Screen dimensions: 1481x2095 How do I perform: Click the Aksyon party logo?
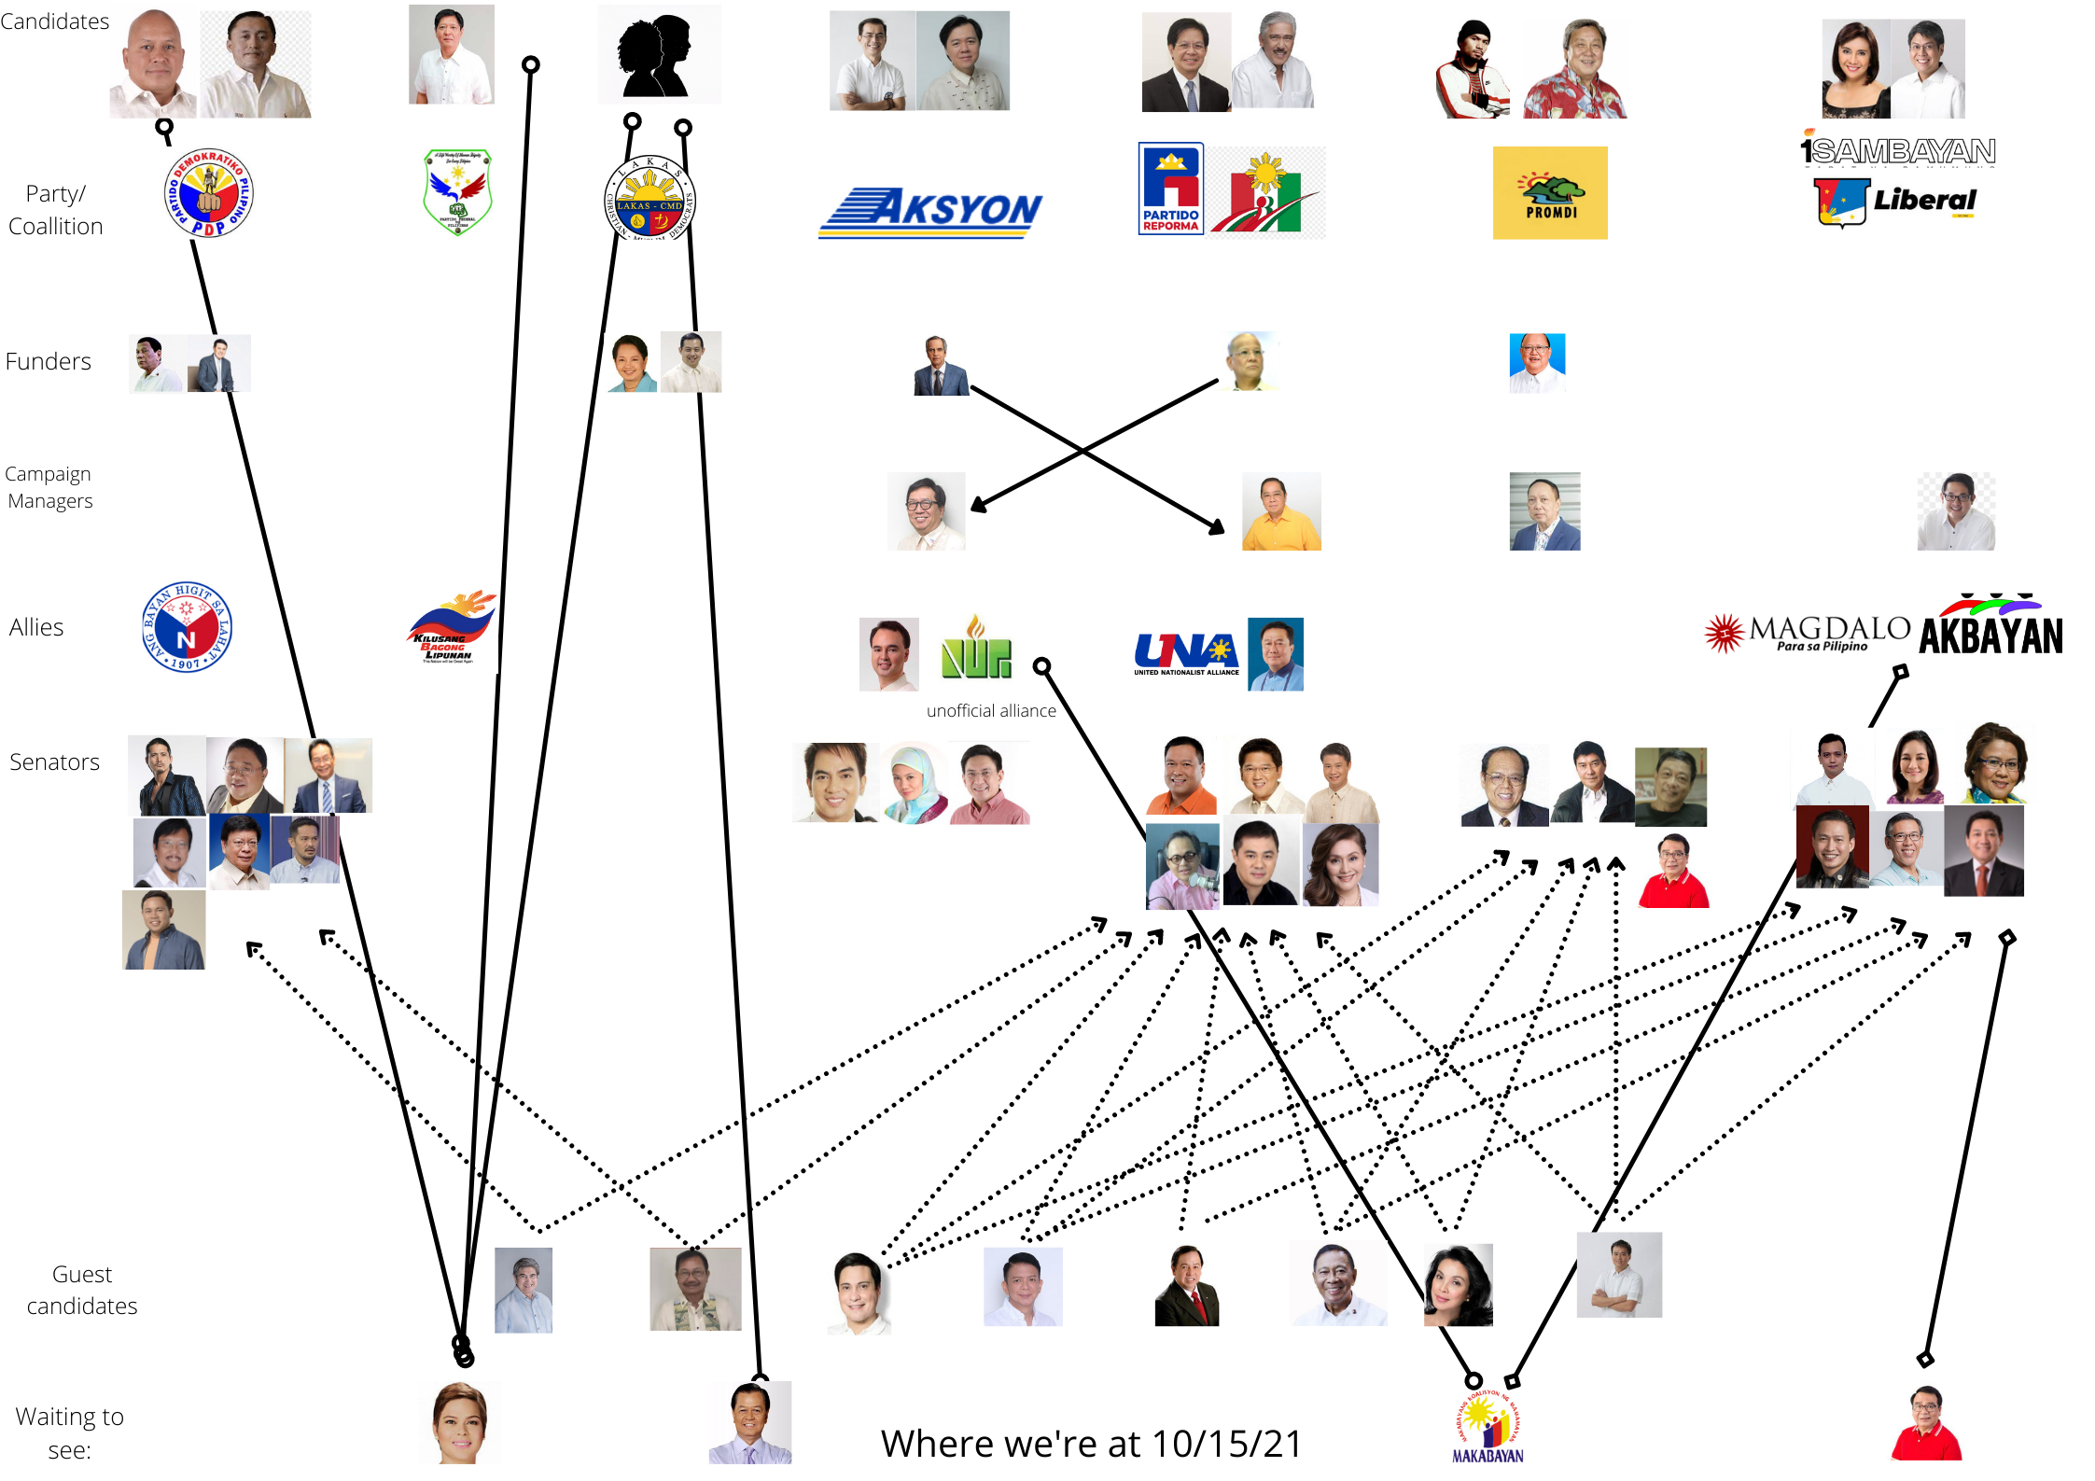pyautogui.click(x=929, y=213)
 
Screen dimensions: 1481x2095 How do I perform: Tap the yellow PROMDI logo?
pyautogui.click(x=1549, y=193)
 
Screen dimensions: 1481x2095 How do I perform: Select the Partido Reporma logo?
pyautogui.click(x=1170, y=189)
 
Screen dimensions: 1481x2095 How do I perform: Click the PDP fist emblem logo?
pyautogui.click(x=208, y=193)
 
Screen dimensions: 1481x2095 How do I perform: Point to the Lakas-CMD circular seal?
pyautogui.click(x=649, y=200)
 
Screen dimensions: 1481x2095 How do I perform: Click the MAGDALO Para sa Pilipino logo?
pyautogui.click(x=1807, y=633)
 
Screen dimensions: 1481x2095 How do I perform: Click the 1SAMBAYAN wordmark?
pyautogui.click(x=1898, y=150)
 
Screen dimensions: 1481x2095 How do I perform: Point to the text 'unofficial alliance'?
pyautogui.click(x=991, y=711)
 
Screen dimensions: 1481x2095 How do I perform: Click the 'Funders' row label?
pyautogui.click(x=49, y=362)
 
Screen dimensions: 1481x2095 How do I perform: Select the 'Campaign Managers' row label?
pyautogui.click(x=49, y=487)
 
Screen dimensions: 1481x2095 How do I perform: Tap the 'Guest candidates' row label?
pyautogui.click(x=82, y=1290)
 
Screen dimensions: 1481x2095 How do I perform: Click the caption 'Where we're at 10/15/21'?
pyautogui.click(x=1091, y=1444)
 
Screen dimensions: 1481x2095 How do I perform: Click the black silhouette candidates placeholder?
pyautogui.click(x=658, y=55)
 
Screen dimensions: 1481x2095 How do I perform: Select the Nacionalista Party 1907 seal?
pyautogui.click(x=187, y=627)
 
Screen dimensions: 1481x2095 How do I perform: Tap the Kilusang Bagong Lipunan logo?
pyautogui.click(x=452, y=627)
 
